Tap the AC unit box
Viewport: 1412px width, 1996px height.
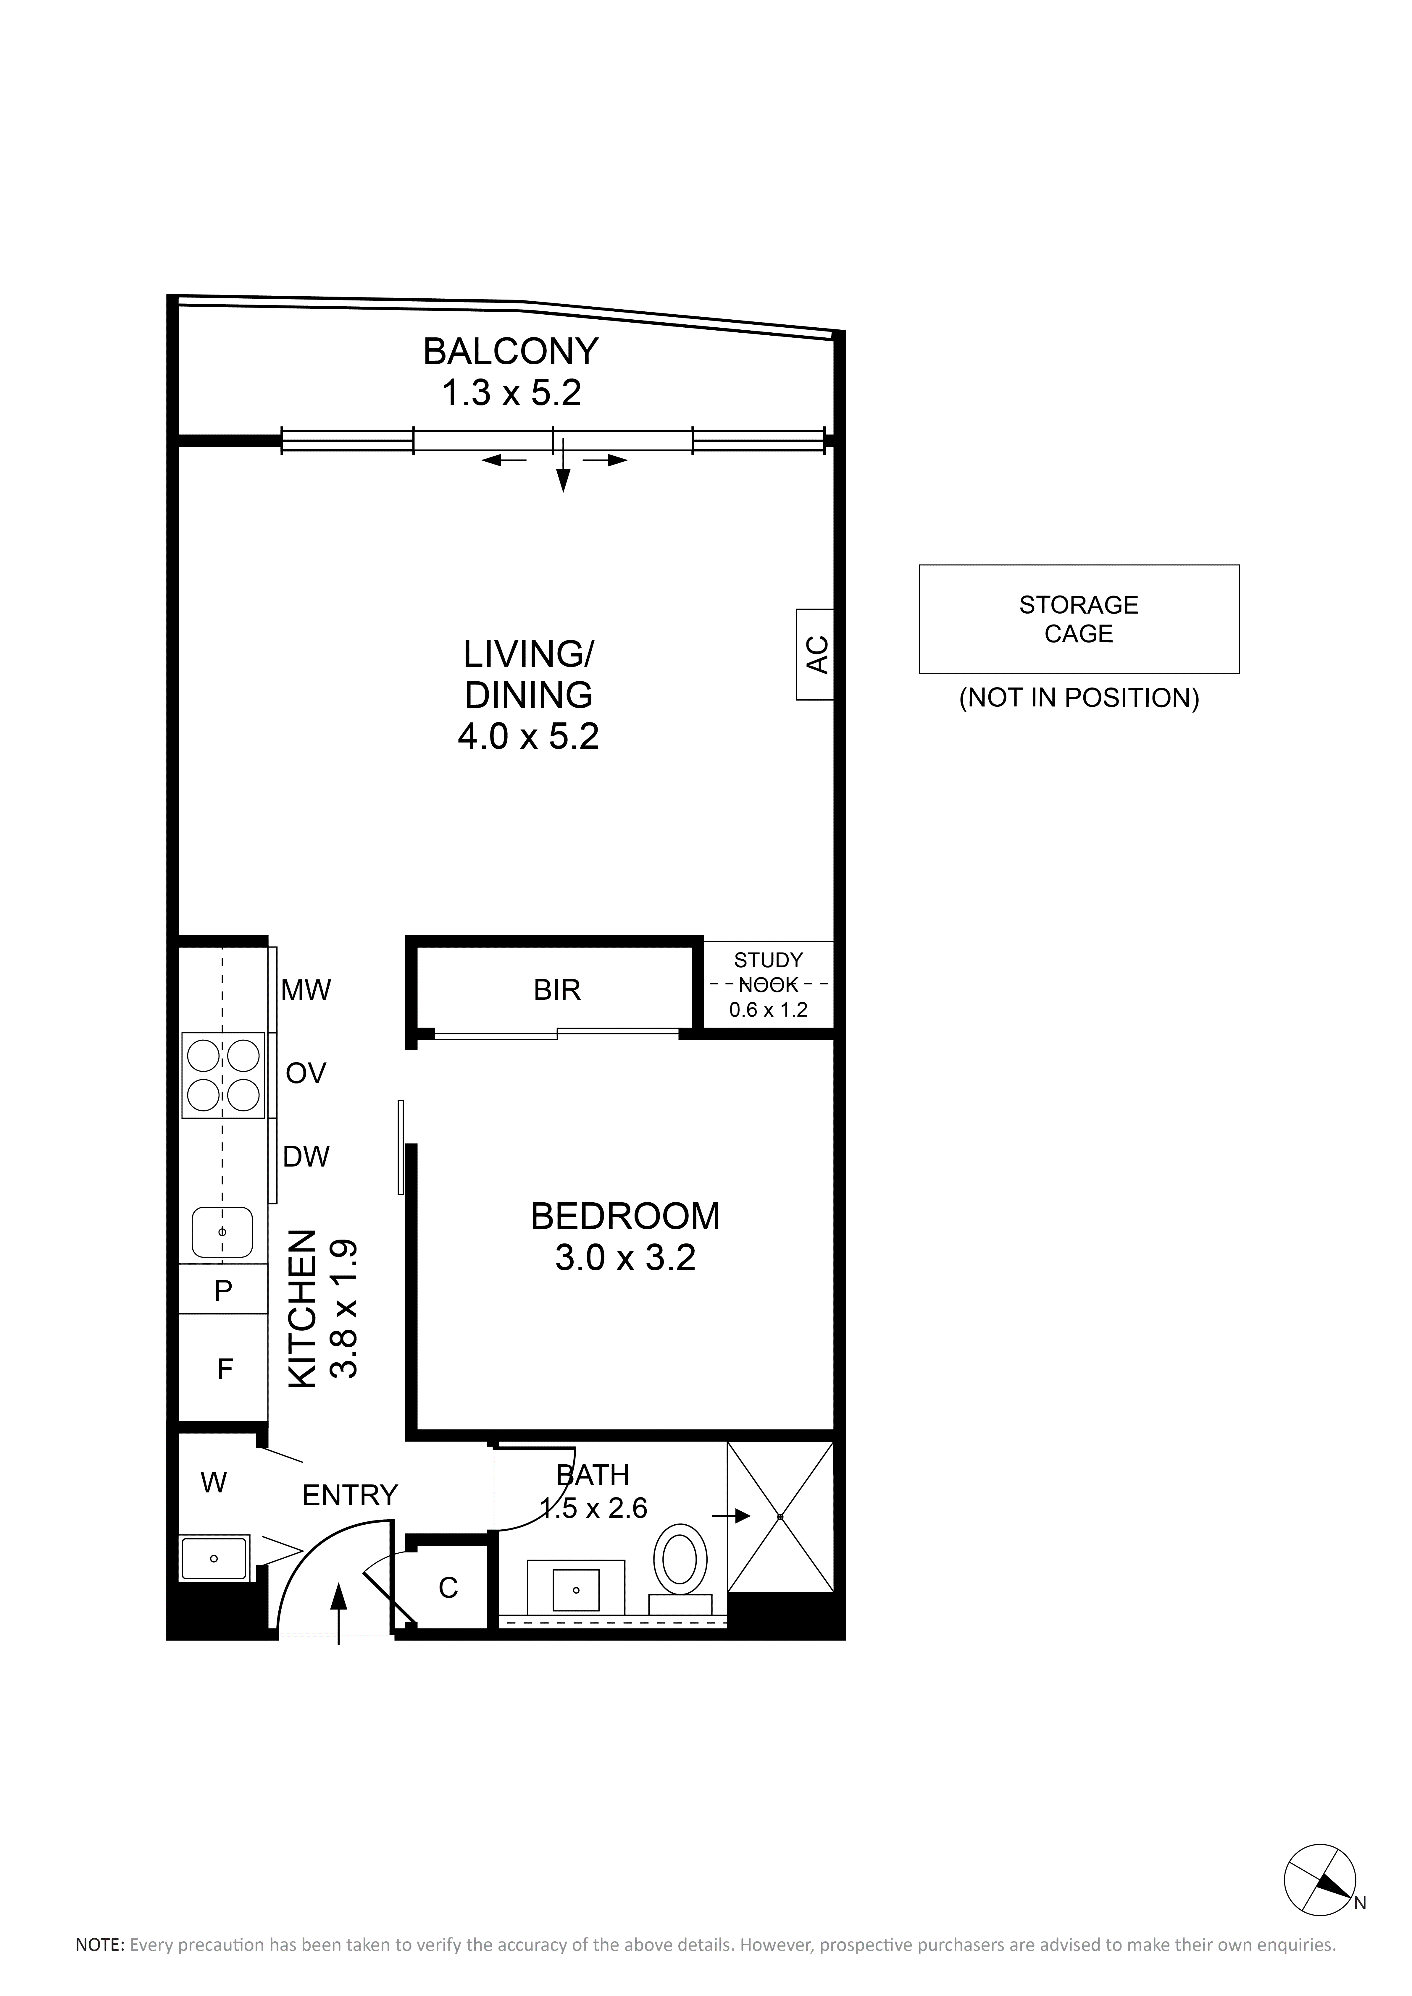coord(815,655)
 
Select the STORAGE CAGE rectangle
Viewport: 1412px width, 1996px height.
coord(1079,619)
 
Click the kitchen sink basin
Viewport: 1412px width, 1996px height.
coord(222,1232)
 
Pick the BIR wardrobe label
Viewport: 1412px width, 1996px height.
coord(557,989)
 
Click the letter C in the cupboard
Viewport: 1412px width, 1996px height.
coord(448,1588)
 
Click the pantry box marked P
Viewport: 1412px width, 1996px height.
coord(223,1290)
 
